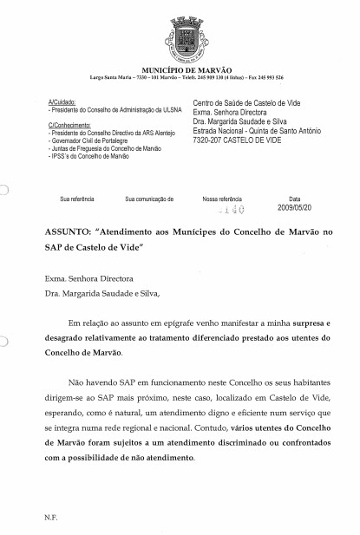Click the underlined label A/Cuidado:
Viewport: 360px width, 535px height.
click(x=62, y=102)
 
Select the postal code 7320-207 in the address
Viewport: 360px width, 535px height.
click(x=209, y=140)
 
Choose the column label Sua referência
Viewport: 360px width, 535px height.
click(x=76, y=199)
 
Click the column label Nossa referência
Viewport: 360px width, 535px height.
click(x=223, y=199)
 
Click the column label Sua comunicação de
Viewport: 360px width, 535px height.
click(x=149, y=199)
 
